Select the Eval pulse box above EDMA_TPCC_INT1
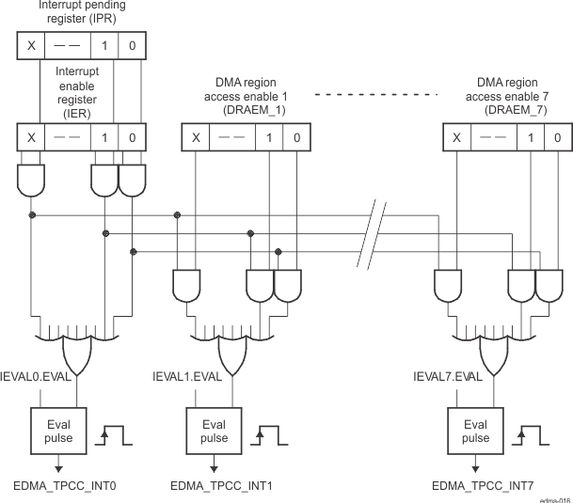(x=215, y=431)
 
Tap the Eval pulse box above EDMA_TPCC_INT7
(x=475, y=431)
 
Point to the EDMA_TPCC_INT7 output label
(x=483, y=485)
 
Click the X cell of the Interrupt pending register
(x=31, y=44)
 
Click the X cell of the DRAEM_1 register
(x=196, y=137)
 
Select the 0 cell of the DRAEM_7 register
(x=556, y=137)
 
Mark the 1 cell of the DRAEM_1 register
(x=269, y=137)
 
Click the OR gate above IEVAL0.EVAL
(x=75, y=353)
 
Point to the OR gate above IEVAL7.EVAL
(x=496, y=353)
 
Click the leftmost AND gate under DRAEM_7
(x=448, y=282)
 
